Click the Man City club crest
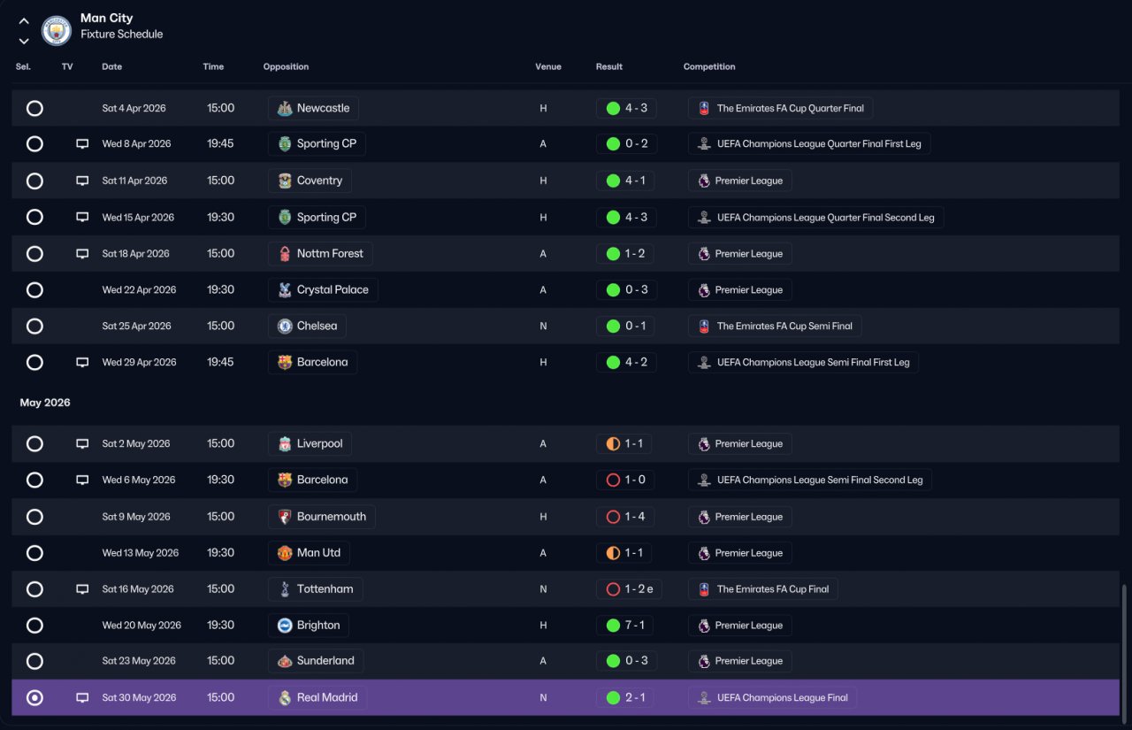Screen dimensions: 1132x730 (x=56, y=30)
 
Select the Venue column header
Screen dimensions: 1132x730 (x=547, y=66)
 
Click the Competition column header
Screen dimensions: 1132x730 (x=709, y=66)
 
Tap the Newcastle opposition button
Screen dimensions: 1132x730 (x=313, y=108)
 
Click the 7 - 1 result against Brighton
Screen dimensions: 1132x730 (x=625, y=626)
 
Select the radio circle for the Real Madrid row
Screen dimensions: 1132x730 (x=34, y=697)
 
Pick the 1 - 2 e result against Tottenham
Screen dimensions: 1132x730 (x=629, y=589)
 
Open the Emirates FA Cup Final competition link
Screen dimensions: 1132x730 (x=763, y=589)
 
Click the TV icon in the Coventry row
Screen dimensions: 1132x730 (x=82, y=181)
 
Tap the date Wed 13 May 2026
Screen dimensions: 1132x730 (x=141, y=553)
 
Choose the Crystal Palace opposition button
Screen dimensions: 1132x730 (x=323, y=290)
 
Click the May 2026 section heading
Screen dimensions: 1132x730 (x=45, y=403)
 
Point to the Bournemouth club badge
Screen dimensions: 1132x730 (x=285, y=517)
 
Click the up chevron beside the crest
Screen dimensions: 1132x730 (x=24, y=21)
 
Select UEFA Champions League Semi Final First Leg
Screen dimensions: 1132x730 (x=803, y=363)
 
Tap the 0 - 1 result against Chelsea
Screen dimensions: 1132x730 (x=625, y=327)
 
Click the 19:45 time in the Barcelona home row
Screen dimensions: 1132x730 (x=220, y=363)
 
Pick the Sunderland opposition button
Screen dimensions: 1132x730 (x=316, y=661)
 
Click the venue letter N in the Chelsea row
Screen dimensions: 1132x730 (x=543, y=327)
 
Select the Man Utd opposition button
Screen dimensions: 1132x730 (x=309, y=553)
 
